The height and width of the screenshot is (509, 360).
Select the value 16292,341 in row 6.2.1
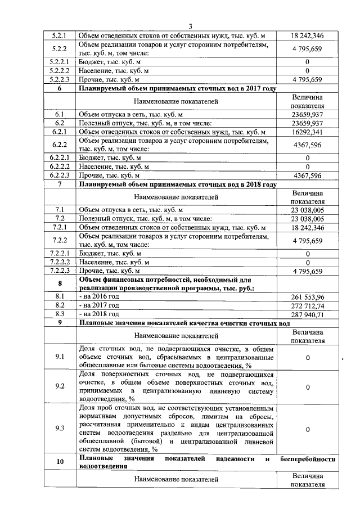(x=308, y=132)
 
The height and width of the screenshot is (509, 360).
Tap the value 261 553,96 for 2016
(x=308, y=296)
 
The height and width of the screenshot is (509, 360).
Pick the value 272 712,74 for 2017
(x=308, y=305)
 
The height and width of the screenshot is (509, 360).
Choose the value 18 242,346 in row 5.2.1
(x=308, y=35)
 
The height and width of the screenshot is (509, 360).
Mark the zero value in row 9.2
(x=308, y=387)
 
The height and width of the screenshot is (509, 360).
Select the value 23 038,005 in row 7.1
(x=308, y=209)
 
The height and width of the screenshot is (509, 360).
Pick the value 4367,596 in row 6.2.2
(x=308, y=145)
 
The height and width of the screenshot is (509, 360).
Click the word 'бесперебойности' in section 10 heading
(x=307, y=459)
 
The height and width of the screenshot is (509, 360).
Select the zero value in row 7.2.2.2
(x=308, y=262)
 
